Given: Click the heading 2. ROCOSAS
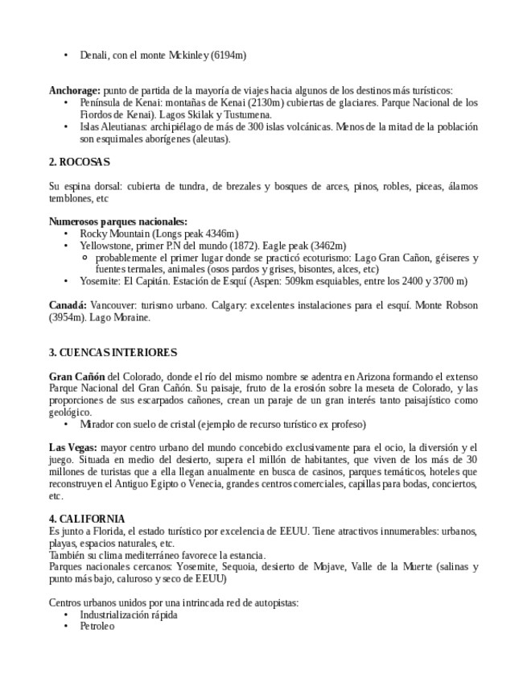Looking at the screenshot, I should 79,162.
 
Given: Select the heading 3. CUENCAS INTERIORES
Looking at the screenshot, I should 113,353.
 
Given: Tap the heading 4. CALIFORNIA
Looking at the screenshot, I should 87,519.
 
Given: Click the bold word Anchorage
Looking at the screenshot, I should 75,91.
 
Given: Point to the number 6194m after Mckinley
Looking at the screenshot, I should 229,56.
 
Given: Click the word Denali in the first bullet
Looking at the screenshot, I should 94,56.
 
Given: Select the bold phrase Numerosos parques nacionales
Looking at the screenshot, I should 117,221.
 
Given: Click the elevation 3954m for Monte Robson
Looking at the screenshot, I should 63,317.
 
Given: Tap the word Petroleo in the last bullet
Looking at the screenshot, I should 97,626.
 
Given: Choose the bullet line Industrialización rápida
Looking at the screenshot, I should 128,615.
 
